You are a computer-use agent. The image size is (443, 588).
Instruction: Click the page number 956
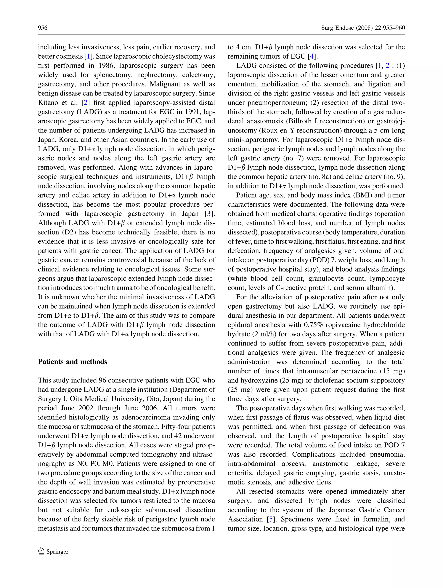coord(43,28)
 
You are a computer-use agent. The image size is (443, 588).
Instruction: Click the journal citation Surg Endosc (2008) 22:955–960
coord(363,28)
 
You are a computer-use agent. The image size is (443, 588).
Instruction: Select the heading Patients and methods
coord(72,362)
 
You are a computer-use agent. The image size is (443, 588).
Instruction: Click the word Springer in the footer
coord(58,552)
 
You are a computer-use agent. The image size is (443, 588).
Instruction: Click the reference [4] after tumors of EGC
coord(312,56)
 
